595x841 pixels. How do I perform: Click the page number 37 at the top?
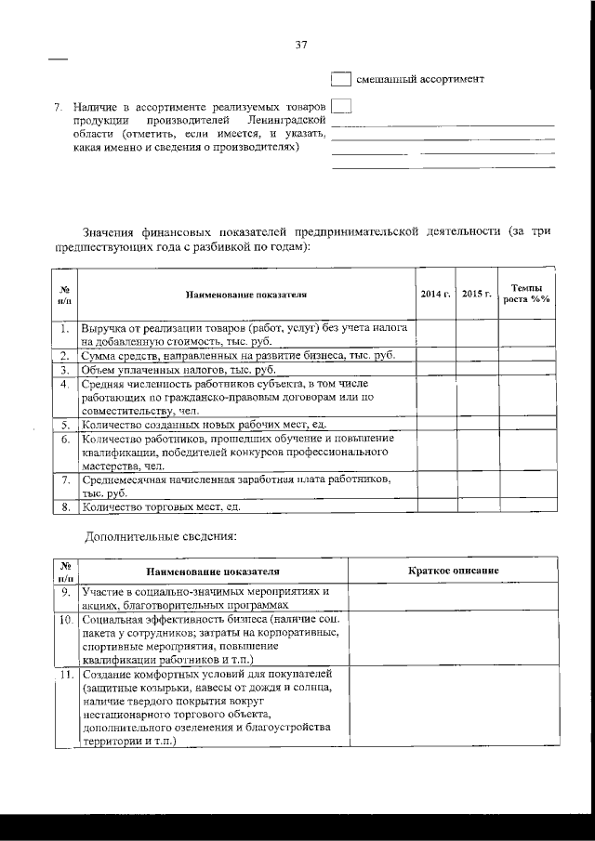click(300, 43)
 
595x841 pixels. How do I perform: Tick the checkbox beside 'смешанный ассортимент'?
click(341, 80)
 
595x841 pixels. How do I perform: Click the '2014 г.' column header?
click(436, 295)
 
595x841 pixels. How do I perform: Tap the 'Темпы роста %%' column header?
click(526, 295)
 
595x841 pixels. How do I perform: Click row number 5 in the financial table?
click(66, 425)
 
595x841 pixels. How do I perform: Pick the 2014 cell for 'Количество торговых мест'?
click(436, 506)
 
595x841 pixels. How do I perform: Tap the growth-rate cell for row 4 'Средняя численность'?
click(526, 397)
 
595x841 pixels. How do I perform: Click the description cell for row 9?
click(454, 597)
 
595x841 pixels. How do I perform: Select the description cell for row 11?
click(454, 707)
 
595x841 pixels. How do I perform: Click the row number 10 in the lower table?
click(66, 618)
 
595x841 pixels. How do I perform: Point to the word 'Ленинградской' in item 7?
click(285, 120)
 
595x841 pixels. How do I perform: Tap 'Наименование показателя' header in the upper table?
click(246, 295)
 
